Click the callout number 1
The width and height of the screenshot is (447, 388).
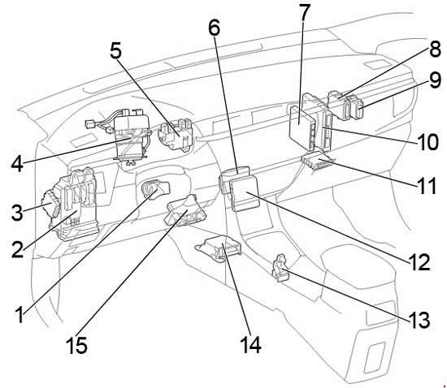20,315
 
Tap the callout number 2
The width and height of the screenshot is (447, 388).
17,250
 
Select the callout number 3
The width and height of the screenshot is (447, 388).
17,212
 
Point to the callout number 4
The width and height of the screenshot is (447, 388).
17,164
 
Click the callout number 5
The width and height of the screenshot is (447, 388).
115,51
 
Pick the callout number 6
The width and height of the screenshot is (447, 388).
215,28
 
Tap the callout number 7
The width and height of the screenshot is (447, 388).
304,12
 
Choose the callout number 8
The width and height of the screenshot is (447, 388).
436,49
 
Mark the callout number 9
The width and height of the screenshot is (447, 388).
436,80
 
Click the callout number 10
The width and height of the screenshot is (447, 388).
427,141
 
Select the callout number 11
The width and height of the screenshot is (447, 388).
427,186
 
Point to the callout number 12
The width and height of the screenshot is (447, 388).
419,262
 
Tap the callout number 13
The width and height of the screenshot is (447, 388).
419,320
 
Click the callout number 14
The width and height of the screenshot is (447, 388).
250,345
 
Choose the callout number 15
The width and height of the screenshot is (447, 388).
76,345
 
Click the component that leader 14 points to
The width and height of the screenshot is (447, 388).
219,248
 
